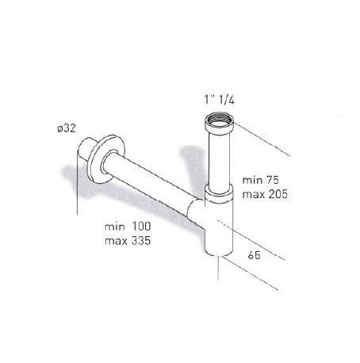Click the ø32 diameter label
(67, 128)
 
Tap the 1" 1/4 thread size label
(219, 100)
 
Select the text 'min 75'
(261, 180)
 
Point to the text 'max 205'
(265, 194)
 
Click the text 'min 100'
(128, 227)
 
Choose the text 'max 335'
(128, 241)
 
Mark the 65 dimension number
(254, 255)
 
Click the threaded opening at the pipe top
(220, 120)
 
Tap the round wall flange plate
(106, 159)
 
